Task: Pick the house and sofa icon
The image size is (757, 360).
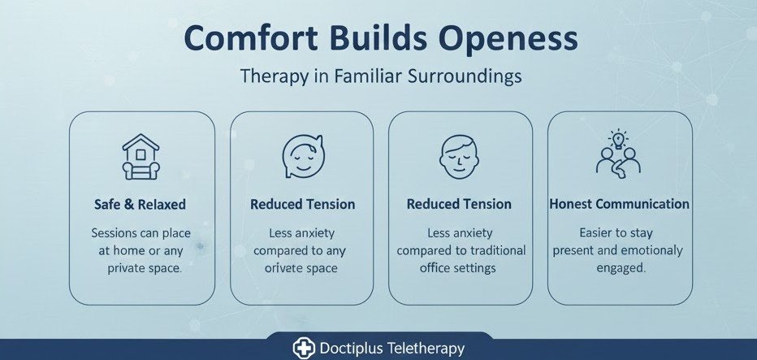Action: click(x=141, y=157)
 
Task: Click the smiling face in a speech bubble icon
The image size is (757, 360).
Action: click(x=301, y=155)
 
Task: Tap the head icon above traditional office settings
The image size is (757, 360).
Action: click(x=459, y=156)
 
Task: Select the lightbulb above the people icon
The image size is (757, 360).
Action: click(x=619, y=139)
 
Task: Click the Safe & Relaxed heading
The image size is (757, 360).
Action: click(x=141, y=204)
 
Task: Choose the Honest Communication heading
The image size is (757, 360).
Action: click(x=619, y=204)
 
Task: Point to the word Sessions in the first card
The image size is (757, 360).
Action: click(x=115, y=233)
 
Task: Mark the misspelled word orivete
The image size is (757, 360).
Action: click(x=279, y=267)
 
